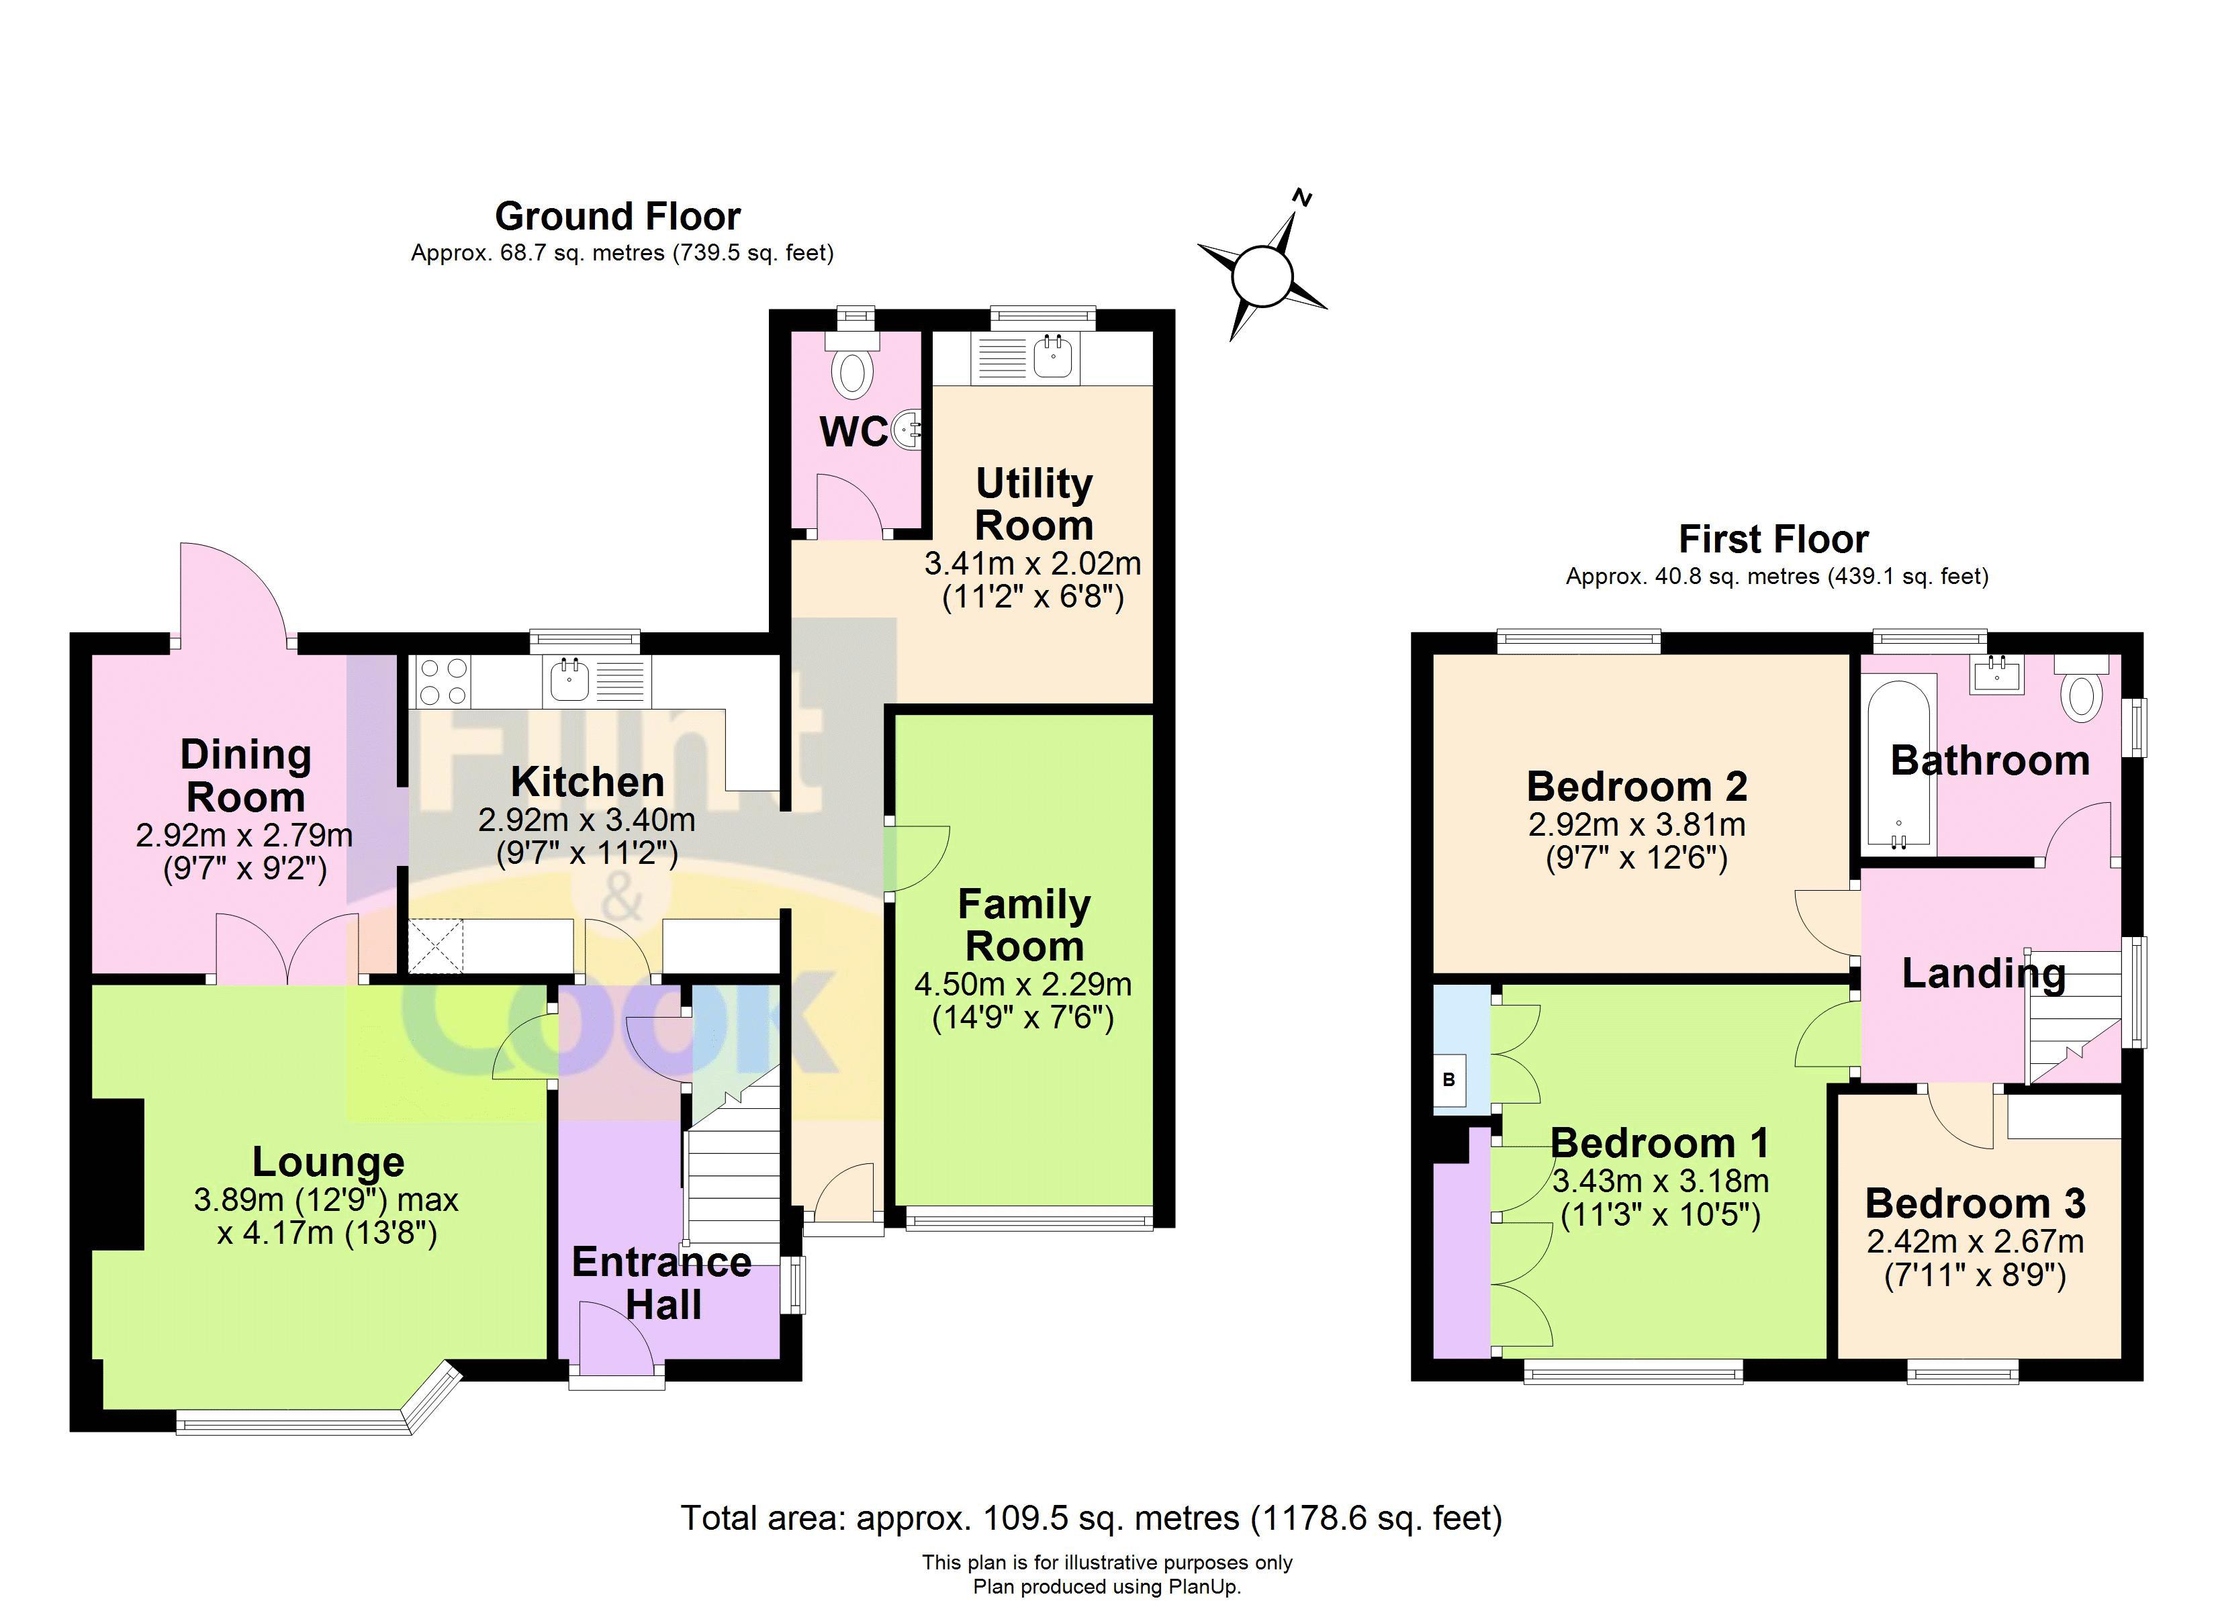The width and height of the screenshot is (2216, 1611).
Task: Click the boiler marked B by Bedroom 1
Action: click(1449, 1079)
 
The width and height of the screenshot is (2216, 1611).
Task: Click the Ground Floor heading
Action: click(618, 216)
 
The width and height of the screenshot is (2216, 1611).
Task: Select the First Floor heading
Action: click(1773, 539)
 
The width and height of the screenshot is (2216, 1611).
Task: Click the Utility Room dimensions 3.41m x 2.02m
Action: click(1032, 564)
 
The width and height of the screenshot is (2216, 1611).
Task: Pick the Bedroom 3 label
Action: click(1975, 1204)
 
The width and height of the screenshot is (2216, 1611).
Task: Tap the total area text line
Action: click(1091, 1518)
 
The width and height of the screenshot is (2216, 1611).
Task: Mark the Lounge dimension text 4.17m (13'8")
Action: click(326, 1234)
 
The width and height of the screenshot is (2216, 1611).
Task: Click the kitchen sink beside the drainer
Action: click(569, 680)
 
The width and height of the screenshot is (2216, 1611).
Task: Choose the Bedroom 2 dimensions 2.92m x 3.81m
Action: click(1636, 824)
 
